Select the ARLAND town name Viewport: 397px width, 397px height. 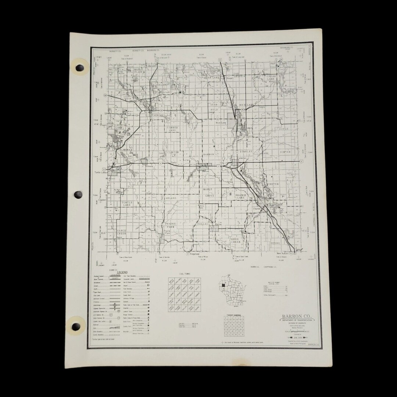pyautogui.click(x=171, y=198)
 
